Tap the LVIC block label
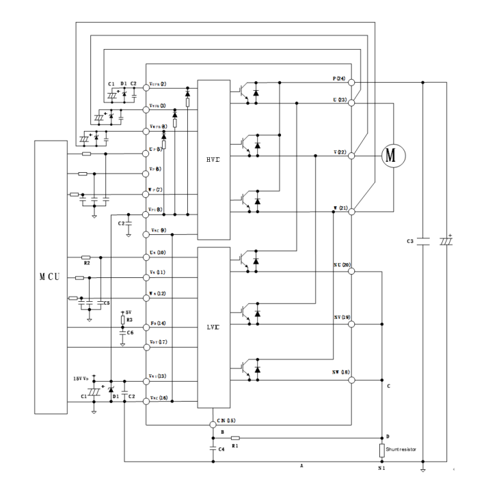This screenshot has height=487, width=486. (213, 327)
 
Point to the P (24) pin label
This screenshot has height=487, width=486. (339, 79)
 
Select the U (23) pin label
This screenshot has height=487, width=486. (339, 100)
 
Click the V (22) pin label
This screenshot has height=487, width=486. (339, 152)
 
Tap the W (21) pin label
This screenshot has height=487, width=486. (339, 207)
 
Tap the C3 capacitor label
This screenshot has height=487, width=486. (410, 242)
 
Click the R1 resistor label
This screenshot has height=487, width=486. (234, 445)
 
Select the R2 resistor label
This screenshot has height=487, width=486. (86, 262)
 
